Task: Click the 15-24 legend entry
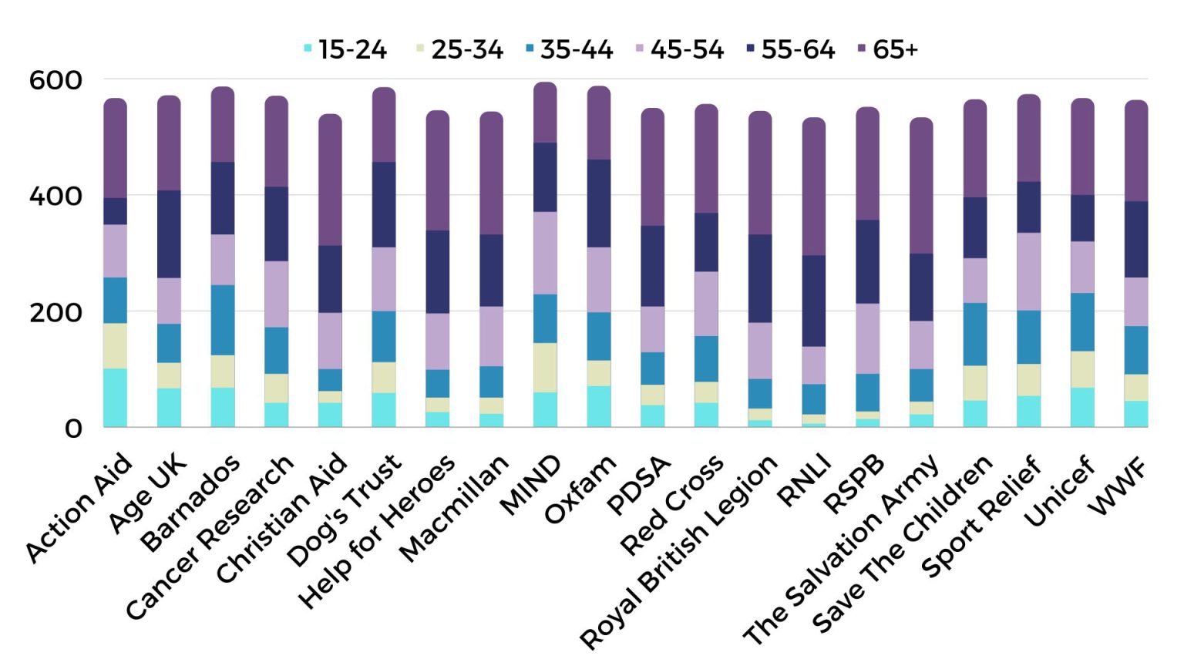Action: [x=345, y=49]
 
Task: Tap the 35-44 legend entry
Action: [x=569, y=49]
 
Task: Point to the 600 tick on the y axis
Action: [x=55, y=80]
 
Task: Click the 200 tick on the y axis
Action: [x=55, y=313]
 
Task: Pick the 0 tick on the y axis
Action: [x=72, y=429]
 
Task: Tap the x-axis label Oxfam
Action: [x=581, y=489]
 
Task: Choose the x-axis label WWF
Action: [x=1118, y=486]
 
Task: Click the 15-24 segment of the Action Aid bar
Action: [x=116, y=398]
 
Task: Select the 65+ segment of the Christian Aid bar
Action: [x=330, y=180]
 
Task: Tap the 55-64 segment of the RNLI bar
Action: [x=814, y=301]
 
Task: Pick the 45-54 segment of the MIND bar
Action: [x=545, y=253]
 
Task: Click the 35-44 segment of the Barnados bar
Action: [x=223, y=320]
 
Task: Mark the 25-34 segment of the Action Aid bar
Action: [x=116, y=345]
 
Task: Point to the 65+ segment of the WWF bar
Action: [x=1136, y=151]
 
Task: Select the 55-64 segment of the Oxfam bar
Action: [x=599, y=203]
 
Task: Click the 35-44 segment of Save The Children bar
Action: [x=975, y=334]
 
